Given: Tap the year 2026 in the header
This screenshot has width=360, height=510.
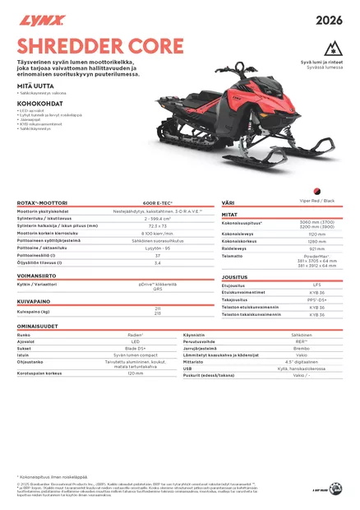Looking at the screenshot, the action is coord(328,19).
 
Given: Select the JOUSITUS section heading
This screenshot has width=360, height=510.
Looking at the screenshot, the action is coord(234,277).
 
